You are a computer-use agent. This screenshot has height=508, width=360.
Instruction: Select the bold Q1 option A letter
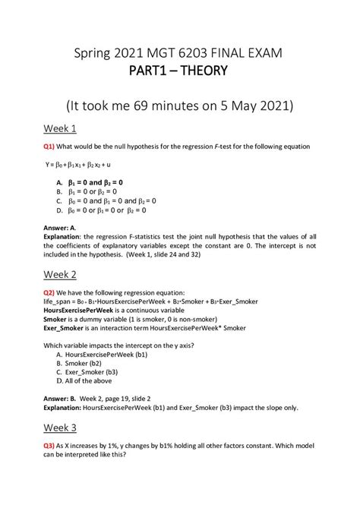pyautogui.click(x=59, y=183)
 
